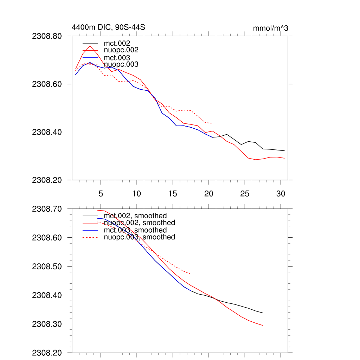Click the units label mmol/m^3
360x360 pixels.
270,28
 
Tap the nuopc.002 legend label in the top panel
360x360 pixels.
121,50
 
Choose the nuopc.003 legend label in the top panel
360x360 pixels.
121,64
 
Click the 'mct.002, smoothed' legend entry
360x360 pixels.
135,216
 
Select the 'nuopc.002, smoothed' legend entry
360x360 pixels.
140,223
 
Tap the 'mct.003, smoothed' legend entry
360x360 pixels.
135,230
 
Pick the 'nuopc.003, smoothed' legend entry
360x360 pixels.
140,237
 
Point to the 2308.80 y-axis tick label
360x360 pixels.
47,36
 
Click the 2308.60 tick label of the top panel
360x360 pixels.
47,84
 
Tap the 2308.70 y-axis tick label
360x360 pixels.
47,209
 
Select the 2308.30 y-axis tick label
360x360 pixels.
47,324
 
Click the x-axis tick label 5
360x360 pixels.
101,193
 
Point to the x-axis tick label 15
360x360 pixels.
173,193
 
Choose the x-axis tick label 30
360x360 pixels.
281,193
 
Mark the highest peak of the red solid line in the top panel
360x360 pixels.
90,46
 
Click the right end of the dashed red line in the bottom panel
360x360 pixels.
191,274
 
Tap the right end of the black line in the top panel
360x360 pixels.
284,151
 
